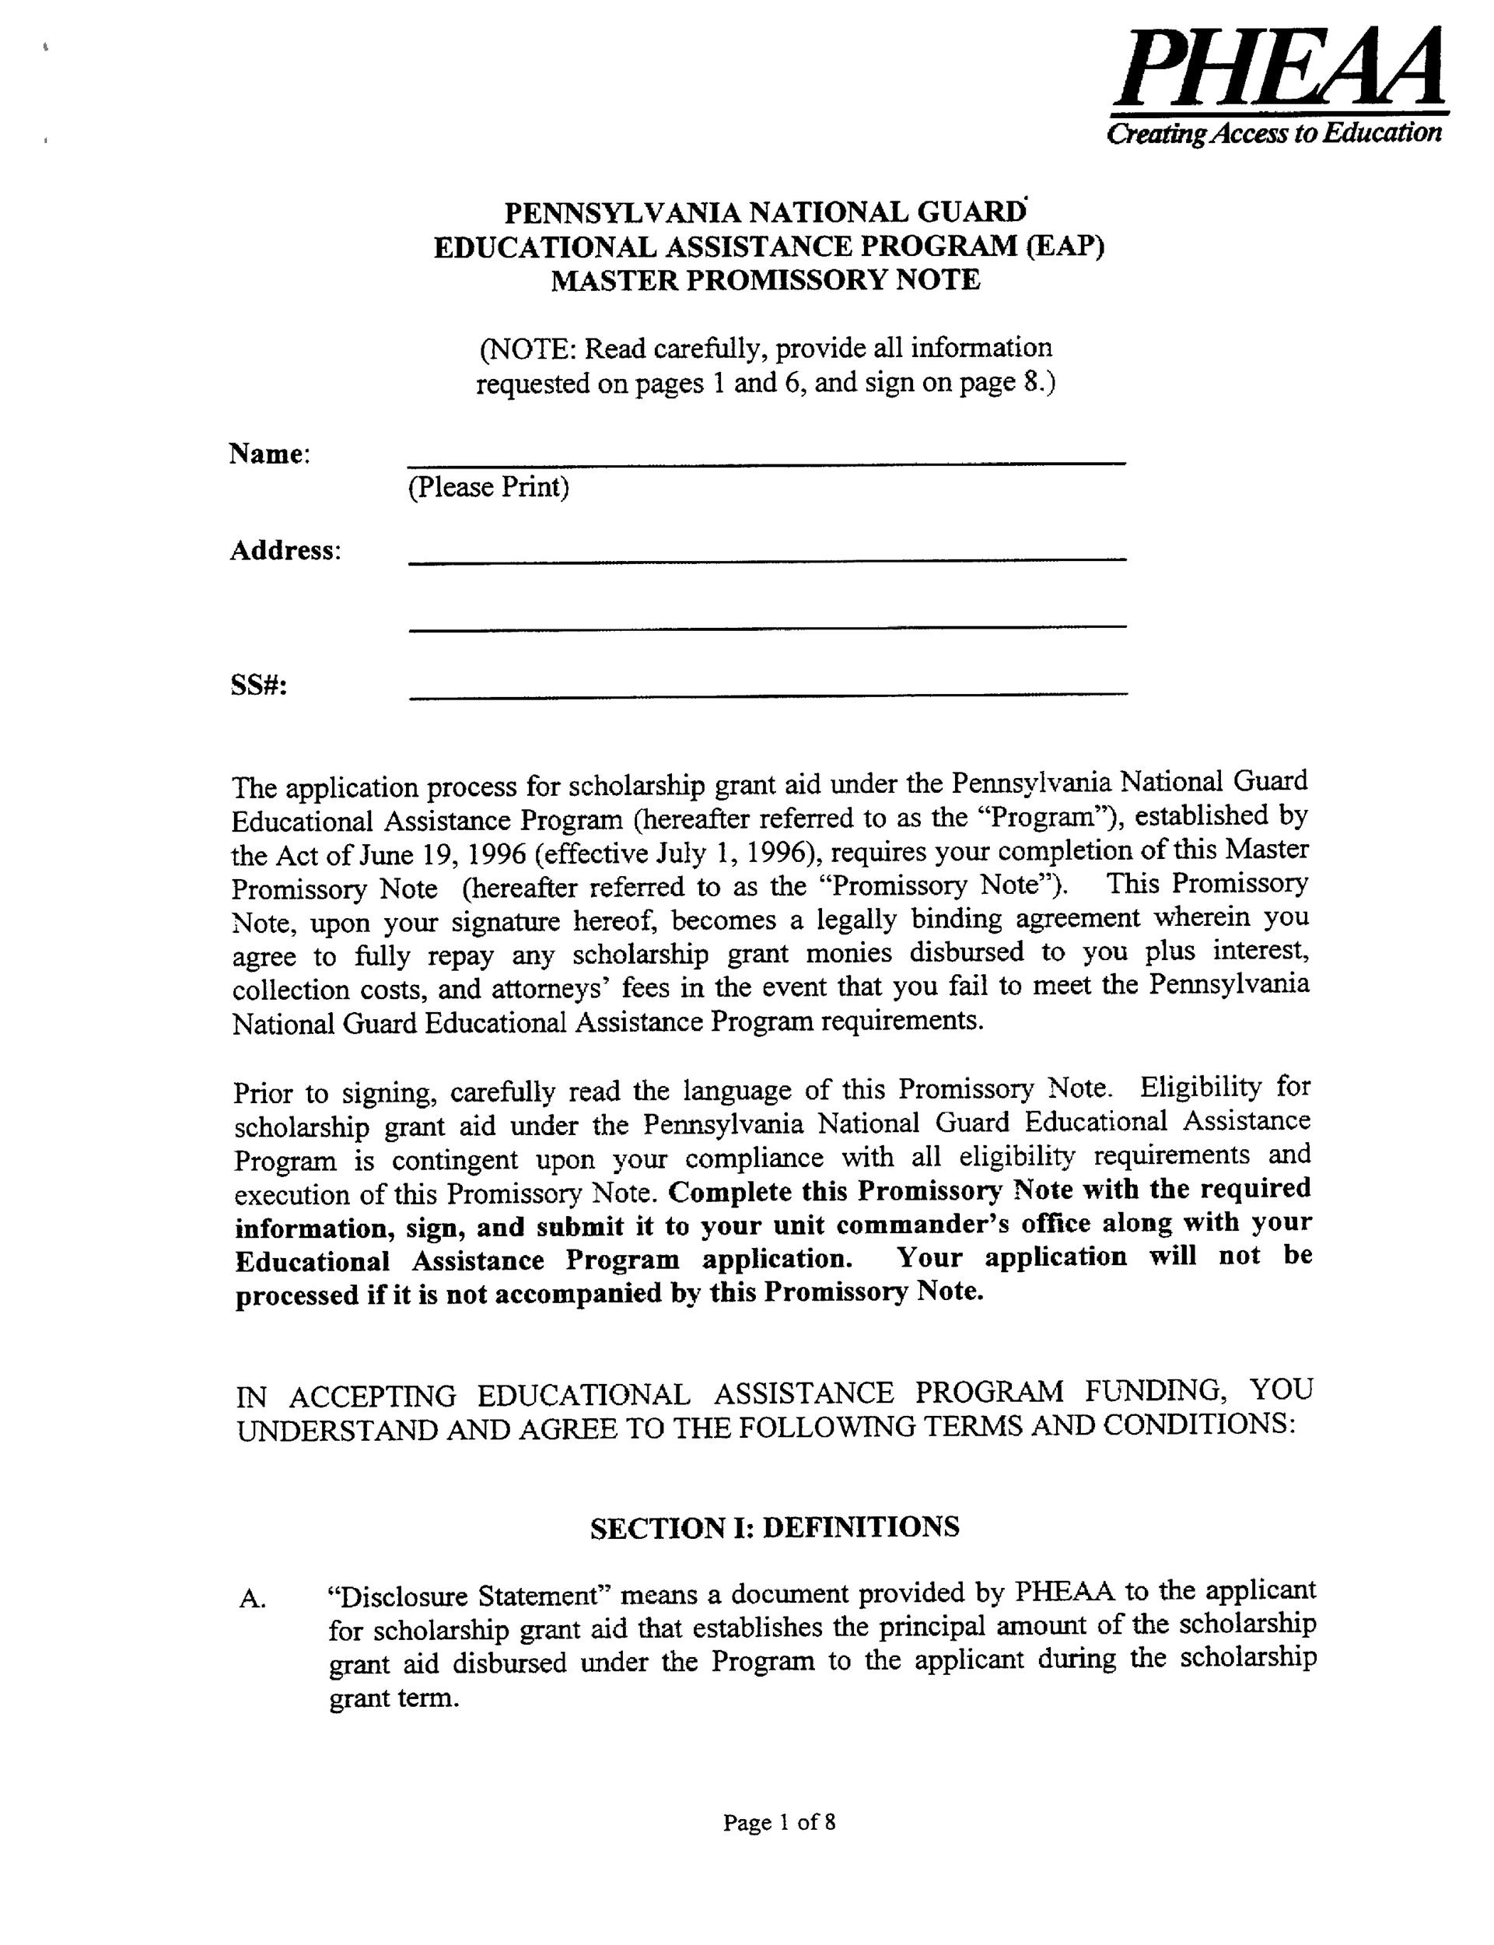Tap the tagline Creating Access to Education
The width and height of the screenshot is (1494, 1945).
point(1272,133)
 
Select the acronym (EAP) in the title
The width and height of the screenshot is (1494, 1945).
point(1065,247)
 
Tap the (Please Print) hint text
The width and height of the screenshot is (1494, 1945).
point(488,487)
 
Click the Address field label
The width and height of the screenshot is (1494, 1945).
point(285,551)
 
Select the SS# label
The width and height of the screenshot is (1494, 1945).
point(259,685)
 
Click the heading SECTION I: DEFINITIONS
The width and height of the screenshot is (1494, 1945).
point(775,1528)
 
